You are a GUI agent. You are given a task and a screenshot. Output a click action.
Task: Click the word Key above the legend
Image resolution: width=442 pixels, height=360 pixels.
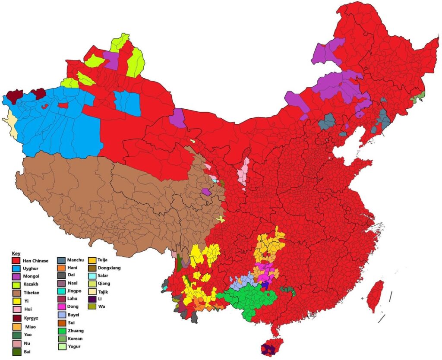tap(16, 253)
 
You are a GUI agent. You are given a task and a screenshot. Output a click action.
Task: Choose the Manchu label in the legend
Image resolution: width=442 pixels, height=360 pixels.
tap(76, 261)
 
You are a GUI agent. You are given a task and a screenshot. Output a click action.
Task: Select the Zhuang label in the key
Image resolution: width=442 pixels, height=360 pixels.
tap(76, 331)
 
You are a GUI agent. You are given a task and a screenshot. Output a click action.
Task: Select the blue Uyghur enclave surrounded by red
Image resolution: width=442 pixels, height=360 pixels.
tap(128, 103)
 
